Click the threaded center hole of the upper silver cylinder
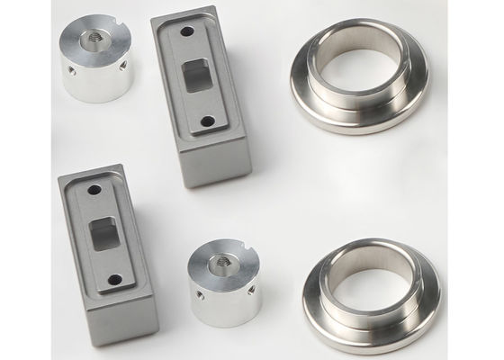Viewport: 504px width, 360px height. click(94, 39)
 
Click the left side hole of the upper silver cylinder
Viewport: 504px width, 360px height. click(68, 70)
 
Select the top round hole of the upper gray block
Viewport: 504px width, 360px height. click(185, 32)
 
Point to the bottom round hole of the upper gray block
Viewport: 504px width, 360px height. click(208, 119)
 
